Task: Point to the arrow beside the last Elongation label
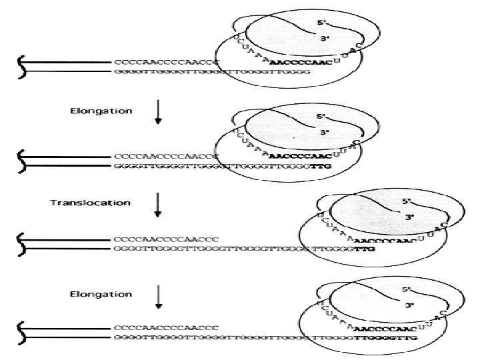point(157,299)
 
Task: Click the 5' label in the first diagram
point(321,22)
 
